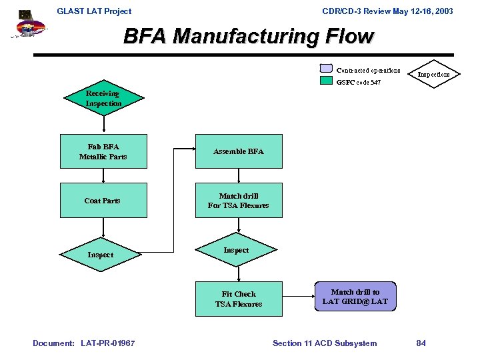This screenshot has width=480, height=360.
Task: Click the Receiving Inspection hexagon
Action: point(103,99)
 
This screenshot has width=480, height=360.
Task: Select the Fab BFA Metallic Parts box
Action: point(103,152)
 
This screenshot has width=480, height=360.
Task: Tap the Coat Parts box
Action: point(103,201)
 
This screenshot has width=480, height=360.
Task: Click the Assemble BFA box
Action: point(238,152)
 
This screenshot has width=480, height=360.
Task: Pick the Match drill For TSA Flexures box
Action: point(238,201)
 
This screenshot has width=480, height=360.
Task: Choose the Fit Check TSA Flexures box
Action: point(238,299)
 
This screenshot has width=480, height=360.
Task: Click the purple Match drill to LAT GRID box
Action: point(355,297)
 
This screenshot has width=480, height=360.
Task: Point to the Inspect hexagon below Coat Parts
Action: point(101,255)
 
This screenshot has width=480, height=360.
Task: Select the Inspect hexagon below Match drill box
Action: point(236,251)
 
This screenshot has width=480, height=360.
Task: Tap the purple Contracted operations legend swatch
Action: point(326,69)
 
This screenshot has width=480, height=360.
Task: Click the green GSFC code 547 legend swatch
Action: point(326,81)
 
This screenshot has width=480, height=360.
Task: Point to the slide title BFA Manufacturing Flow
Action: point(249,36)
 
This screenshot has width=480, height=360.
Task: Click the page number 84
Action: point(421,343)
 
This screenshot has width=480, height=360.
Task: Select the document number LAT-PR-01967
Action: point(107,343)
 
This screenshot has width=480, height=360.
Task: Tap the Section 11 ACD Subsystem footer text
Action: point(325,343)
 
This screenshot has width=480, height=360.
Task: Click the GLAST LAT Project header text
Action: point(94,11)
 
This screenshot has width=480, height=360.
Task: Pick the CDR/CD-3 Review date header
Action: point(387,11)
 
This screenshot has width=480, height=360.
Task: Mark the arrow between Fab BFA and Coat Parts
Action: point(103,175)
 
